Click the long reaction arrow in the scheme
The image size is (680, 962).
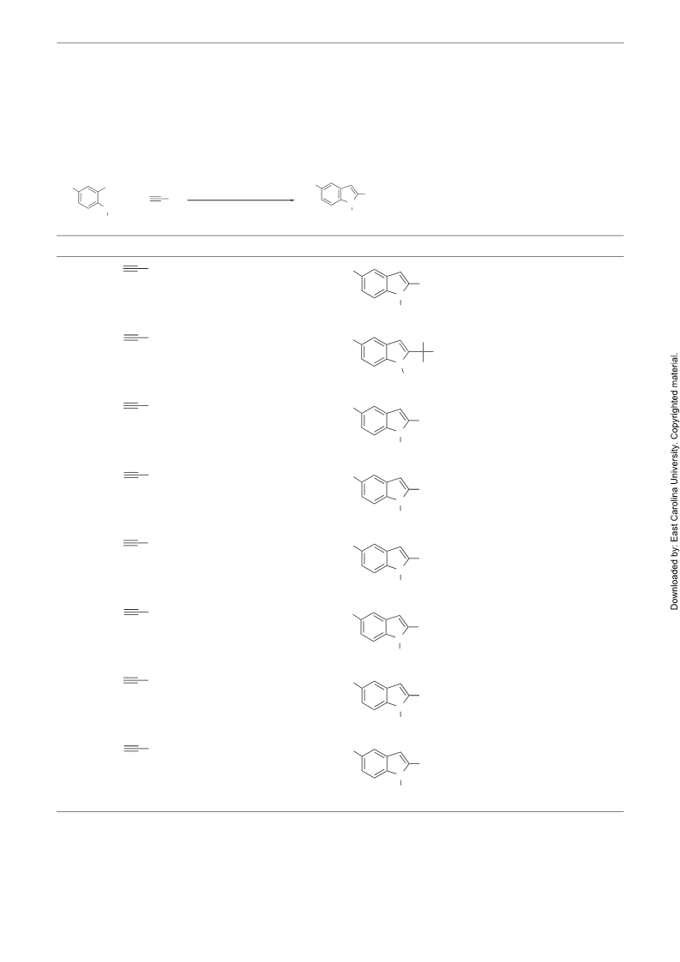(241, 200)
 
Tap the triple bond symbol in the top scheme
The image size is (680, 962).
(159, 199)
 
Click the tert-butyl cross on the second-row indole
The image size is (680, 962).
(423, 351)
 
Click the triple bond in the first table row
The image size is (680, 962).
(135, 269)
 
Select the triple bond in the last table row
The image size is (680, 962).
(135, 749)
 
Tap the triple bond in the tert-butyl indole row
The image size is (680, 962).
(135, 338)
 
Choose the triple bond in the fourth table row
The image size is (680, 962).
(135, 475)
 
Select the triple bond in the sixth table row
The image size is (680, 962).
(135, 612)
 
